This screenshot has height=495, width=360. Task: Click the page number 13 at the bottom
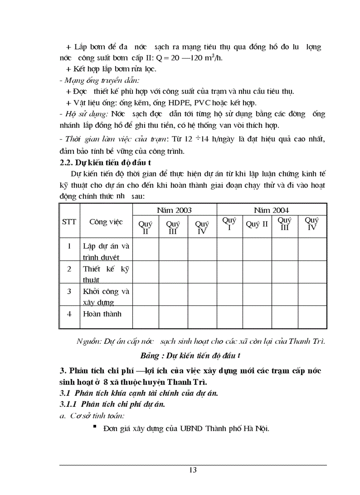193,470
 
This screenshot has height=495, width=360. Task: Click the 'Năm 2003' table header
174,210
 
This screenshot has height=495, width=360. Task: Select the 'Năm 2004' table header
271,210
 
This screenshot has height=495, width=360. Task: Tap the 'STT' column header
69,222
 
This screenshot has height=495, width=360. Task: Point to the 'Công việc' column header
106,222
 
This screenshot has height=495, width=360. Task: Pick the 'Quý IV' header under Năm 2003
202,227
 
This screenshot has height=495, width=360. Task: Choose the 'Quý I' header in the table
229,223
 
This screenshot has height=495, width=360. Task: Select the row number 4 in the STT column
69,314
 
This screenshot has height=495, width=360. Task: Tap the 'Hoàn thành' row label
102,314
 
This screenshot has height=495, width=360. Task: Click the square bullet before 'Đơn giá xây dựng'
94,427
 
